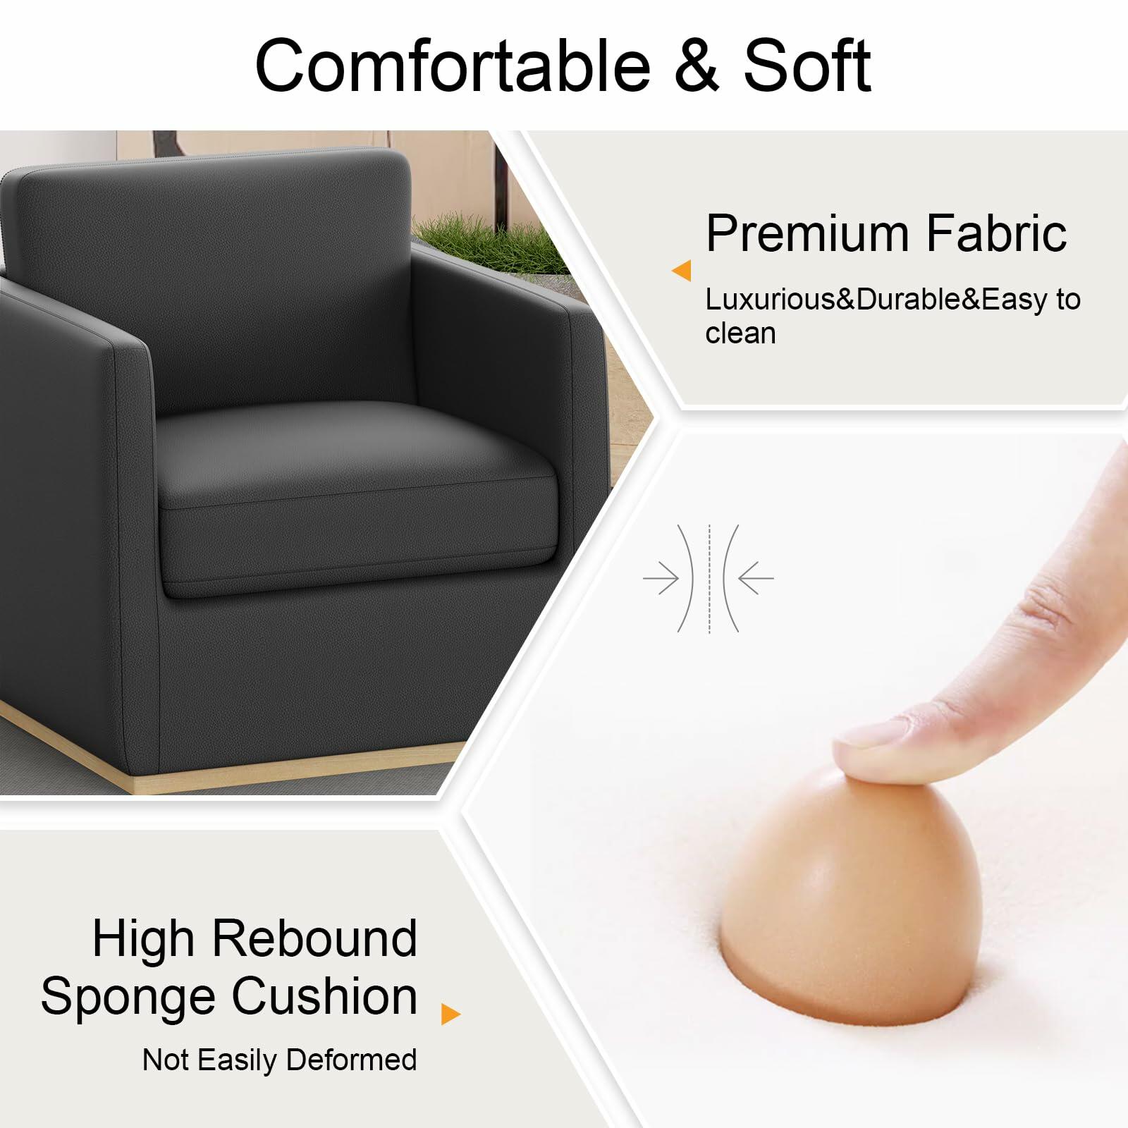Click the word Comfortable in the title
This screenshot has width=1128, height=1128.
click(x=453, y=66)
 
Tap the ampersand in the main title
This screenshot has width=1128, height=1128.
click(x=697, y=66)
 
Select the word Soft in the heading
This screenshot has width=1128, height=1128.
click(x=807, y=66)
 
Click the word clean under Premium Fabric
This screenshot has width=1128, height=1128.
click(x=740, y=333)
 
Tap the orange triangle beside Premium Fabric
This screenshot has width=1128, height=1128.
click(x=682, y=271)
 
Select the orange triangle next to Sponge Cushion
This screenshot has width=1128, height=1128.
click(x=450, y=1014)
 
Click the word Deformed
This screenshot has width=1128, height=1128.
click(x=351, y=1060)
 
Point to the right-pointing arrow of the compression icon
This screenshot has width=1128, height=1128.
click(x=661, y=579)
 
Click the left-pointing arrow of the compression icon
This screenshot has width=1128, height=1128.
click(x=756, y=579)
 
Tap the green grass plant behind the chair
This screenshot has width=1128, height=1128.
click(x=493, y=243)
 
